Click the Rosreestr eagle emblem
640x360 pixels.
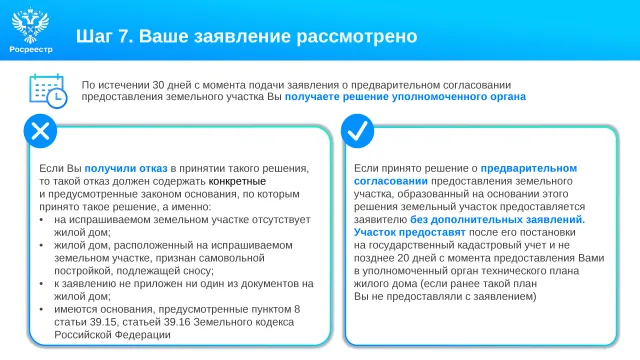[x=31, y=25]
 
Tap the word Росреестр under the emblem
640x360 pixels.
[x=31, y=49]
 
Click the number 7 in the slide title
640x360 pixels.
[x=123, y=36]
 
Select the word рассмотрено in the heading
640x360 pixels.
[x=357, y=36]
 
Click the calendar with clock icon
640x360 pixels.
[x=48, y=91]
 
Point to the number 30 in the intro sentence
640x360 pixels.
[x=158, y=85]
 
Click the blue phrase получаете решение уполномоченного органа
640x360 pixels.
[x=405, y=97]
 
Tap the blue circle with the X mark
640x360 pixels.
[x=40, y=131]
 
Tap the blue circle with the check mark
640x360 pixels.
[x=358, y=131]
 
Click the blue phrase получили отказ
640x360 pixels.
[x=126, y=168]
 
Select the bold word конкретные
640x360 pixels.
[x=237, y=181]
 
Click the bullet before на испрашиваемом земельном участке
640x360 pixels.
[x=41, y=220]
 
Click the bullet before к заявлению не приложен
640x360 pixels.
[x=41, y=284]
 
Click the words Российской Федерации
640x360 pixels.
[x=112, y=335]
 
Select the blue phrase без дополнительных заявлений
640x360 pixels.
[x=498, y=220]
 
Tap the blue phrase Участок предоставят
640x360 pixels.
[x=409, y=232]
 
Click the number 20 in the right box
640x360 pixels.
[x=403, y=258]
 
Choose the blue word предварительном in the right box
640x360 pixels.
[x=529, y=168]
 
